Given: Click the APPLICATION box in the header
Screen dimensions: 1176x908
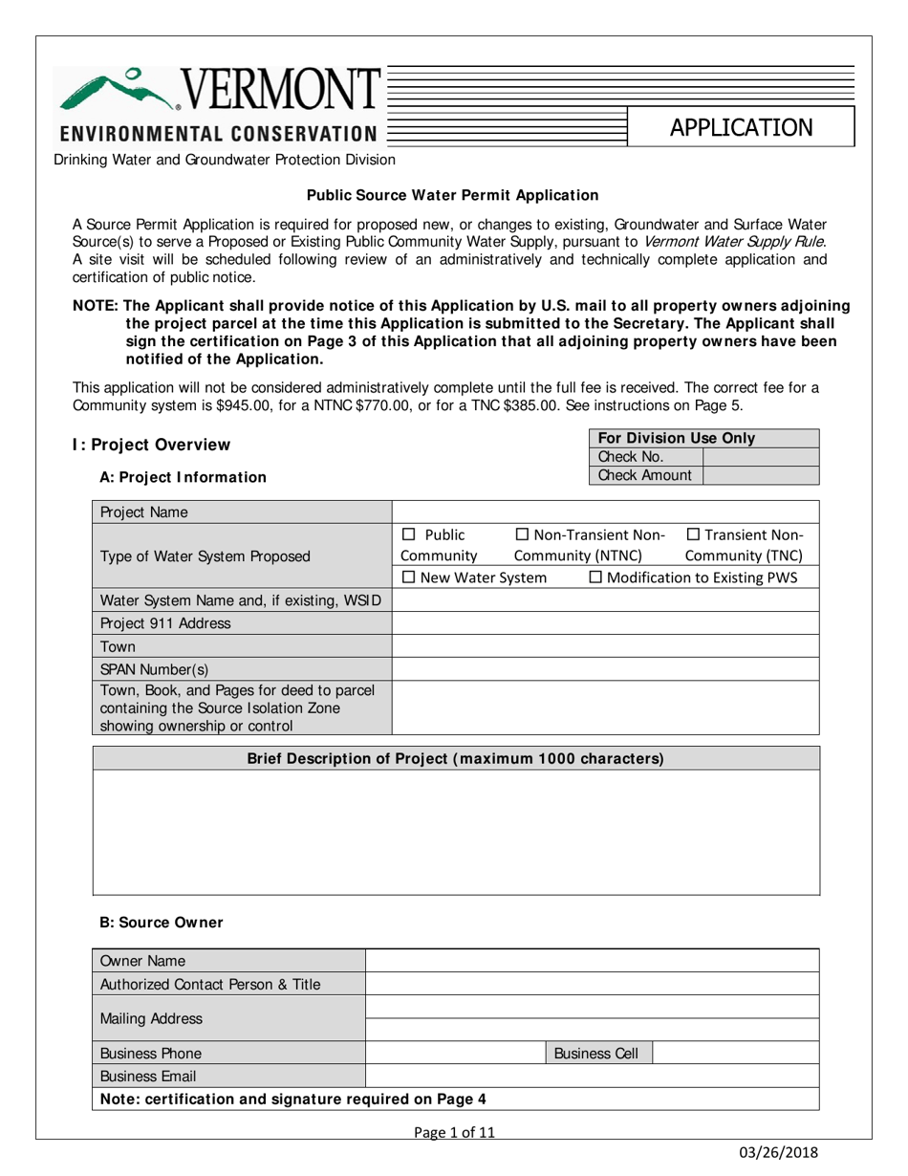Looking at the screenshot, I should click(741, 127).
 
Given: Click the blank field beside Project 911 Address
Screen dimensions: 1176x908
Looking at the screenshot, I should click(606, 623).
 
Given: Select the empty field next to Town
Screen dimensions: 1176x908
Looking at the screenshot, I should click(606, 645).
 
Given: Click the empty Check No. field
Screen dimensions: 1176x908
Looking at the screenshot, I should click(761, 456).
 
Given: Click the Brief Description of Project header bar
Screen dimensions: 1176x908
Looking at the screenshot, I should click(456, 758).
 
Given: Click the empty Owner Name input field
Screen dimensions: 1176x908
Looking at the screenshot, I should click(593, 961).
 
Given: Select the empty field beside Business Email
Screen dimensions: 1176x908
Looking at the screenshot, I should click(593, 1076).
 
